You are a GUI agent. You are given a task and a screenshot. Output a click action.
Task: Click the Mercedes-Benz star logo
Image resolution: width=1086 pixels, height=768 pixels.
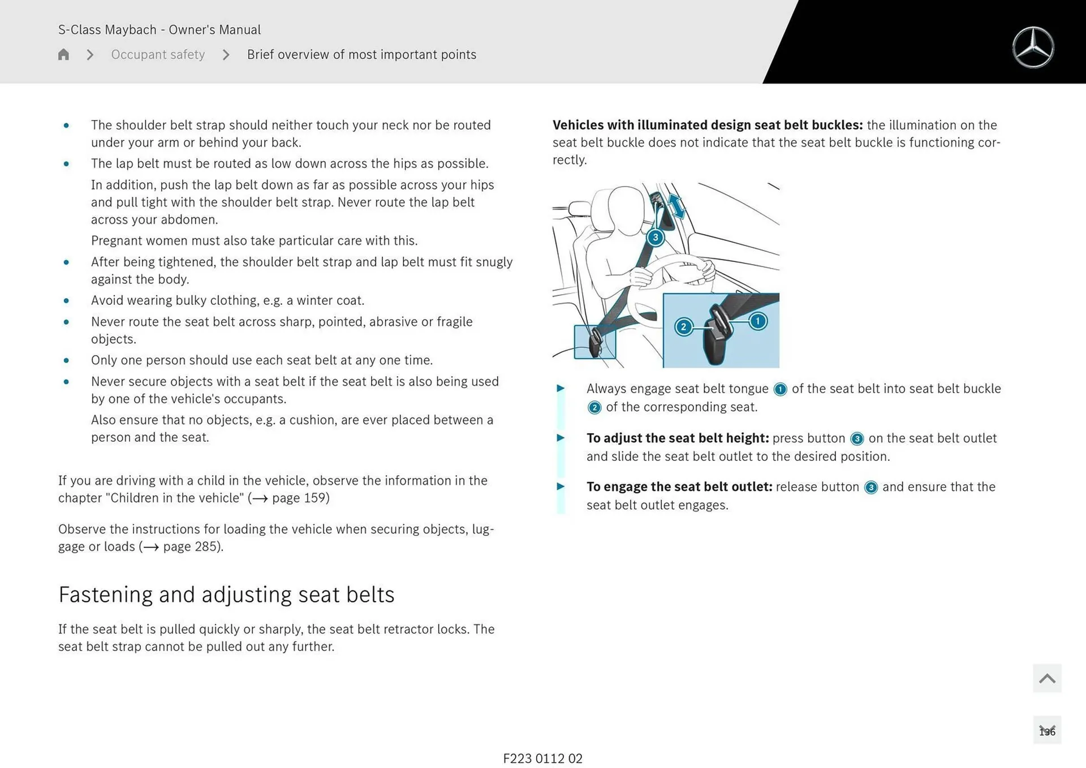(1033, 48)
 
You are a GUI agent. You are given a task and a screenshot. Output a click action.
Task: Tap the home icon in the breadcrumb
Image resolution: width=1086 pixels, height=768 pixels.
(63, 54)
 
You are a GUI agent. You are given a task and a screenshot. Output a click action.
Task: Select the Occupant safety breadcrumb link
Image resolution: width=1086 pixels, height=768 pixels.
(158, 54)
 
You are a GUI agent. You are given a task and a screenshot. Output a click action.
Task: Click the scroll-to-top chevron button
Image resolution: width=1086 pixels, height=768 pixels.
(1047, 678)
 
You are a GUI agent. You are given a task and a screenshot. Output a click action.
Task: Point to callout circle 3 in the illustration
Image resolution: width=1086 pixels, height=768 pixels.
(655, 238)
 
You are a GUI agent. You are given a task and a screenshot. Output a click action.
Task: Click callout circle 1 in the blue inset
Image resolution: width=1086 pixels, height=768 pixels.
(757, 321)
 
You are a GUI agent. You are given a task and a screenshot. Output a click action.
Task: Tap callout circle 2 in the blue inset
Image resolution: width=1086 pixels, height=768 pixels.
(683, 327)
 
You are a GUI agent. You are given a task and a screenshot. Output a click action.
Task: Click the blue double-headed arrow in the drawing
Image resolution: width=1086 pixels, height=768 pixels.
(676, 206)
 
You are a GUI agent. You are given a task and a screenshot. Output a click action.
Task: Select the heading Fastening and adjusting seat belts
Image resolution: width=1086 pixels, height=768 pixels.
(226, 594)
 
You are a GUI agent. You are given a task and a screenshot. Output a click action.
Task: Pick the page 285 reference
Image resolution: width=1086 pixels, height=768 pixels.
(191, 546)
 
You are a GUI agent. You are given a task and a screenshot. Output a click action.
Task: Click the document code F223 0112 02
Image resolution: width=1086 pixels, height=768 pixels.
(542, 758)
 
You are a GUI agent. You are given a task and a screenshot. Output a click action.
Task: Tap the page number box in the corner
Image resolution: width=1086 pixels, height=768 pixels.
(1047, 731)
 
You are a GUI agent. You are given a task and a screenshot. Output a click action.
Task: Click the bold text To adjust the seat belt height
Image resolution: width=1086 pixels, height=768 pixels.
(677, 438)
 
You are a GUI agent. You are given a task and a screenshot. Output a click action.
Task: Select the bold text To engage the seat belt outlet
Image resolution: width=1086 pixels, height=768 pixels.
(679, 487)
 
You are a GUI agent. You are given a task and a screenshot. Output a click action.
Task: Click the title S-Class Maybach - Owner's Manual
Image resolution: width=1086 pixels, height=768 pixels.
(160, 29)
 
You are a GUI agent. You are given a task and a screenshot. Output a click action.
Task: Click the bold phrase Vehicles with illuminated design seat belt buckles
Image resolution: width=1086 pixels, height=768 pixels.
(707, 125)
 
